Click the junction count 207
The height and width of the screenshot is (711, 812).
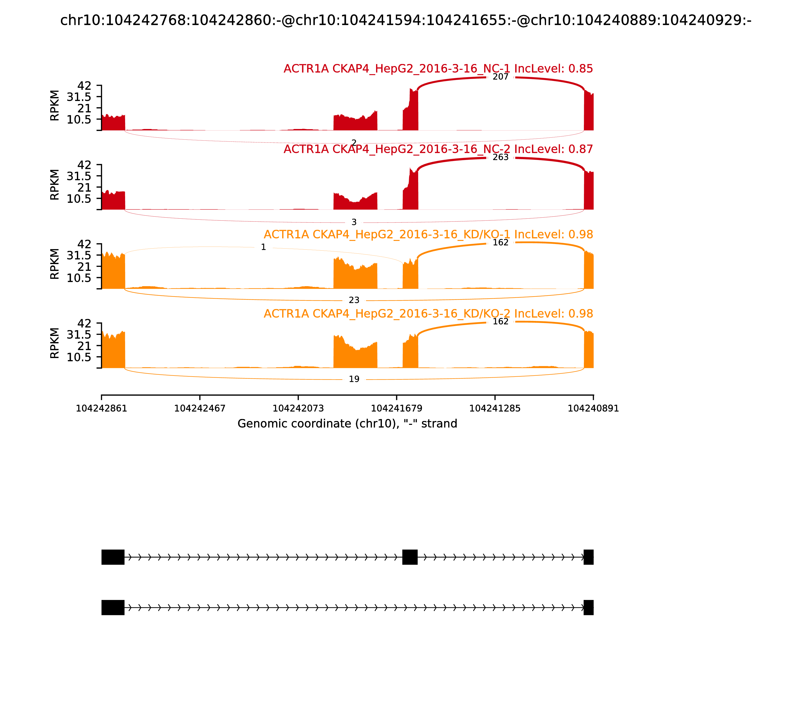[x=500, y=77]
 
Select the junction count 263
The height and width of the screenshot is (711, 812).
[x=500, y=157]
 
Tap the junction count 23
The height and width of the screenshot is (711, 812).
[x=354, y=300]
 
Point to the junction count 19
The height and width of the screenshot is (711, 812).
[x=354, y=379]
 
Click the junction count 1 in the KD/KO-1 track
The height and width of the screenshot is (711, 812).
[x=263, y=247]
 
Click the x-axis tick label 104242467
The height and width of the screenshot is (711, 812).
[x=200, y=409]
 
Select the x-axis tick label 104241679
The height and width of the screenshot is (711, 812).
[x=396, y=409]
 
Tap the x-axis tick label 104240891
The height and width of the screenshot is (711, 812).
[x=593, y=409]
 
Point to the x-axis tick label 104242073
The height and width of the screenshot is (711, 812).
[x=298, y=409]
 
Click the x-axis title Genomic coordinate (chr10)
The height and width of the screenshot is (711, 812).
[x=347, y=424]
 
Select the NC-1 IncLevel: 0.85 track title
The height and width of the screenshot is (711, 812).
[x=438, y=69]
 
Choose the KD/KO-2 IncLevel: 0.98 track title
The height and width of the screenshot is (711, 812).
[x=428, y=314]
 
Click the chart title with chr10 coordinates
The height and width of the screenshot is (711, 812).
[x=405, y=21]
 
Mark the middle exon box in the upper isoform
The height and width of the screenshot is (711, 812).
[x=410, y=557]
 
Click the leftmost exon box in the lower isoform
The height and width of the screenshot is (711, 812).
[x=113, y=607]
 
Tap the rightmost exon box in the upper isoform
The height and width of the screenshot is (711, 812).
[x=588, y=557]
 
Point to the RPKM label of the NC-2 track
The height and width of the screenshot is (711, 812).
[x=55, y=185]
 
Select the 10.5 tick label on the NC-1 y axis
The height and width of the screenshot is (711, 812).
[x=79, y=119]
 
